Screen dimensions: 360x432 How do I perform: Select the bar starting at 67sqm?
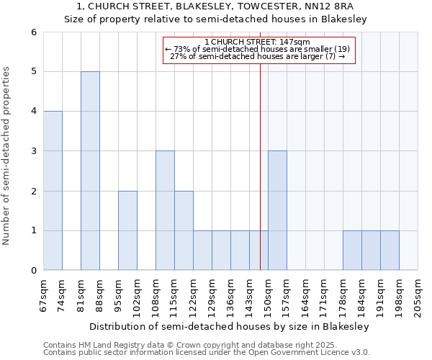[53, 191]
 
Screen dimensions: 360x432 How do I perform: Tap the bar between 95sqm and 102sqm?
[127, 230]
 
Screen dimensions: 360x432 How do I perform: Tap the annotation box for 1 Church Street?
[258, 50]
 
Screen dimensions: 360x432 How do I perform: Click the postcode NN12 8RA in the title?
[336, 6]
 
